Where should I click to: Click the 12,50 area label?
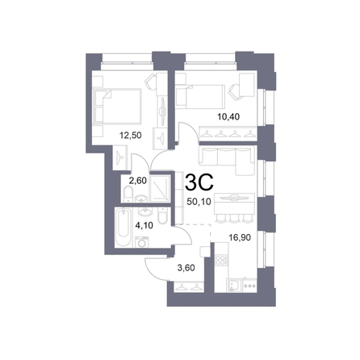pos(131,135)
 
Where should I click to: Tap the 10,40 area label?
pos(228,117)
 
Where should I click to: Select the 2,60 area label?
pos(138,181)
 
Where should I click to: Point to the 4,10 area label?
pos(144,225)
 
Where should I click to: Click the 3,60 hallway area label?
pos(186,268)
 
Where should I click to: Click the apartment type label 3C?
pos(199,182)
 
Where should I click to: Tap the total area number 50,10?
pos(199,202)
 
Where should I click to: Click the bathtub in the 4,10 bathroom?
pos(123,227)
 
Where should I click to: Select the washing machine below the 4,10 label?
pos(141,242)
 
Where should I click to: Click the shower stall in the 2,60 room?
pos(160,189)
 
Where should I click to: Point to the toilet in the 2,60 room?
pos(128,195)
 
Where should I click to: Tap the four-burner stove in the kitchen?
pos(221,260)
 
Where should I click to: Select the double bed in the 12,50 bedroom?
pos(117,106)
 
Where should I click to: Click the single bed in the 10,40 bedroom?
pos(200,96)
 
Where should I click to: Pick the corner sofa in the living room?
pos(227,160)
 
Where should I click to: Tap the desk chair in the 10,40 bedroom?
pos(235,92)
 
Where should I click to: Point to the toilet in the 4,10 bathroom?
pos(163,216)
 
